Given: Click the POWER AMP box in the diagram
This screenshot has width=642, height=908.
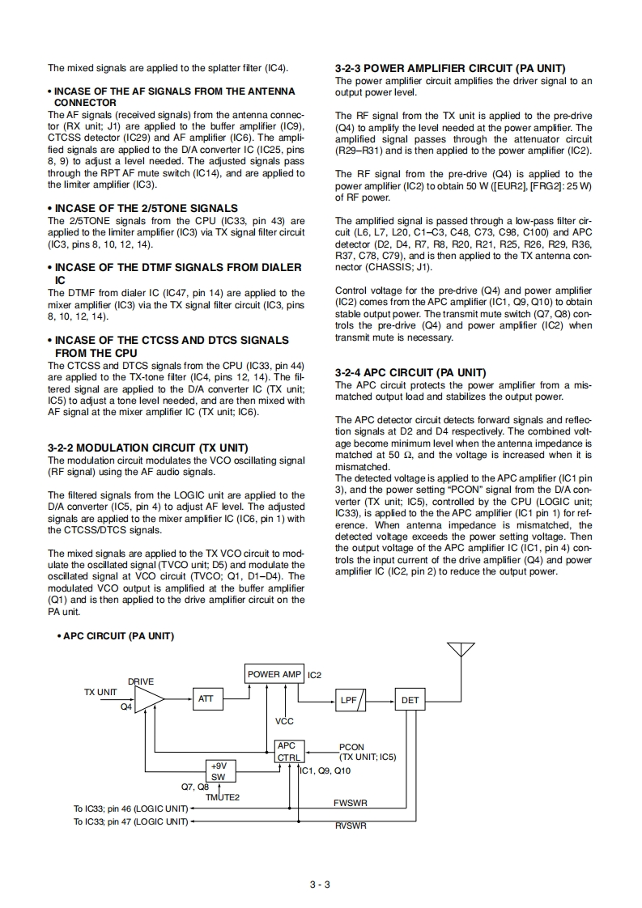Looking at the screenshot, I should pos(274,674).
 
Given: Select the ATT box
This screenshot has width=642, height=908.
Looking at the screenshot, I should pos(206,699).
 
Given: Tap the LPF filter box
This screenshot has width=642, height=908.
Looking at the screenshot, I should pos(352,700).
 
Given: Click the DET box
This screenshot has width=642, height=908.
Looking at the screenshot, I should pos(410,700).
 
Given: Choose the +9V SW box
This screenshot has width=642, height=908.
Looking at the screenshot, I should pos(218,770).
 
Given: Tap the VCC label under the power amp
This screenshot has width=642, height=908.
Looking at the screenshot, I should pos(284,721).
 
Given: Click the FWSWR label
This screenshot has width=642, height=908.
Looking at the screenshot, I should pos(351,804).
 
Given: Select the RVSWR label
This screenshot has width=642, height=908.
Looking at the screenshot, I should pos(351,826).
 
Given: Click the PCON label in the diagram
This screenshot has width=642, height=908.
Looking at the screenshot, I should pos(351,747).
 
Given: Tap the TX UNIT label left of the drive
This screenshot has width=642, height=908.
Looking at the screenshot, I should pos(100,692).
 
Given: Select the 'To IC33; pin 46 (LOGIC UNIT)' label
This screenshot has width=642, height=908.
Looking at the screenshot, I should pos(130,808).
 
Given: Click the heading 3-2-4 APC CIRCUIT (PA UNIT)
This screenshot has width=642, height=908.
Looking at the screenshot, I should pos(410,372).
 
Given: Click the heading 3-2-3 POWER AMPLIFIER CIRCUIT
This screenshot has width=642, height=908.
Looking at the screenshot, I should pos(449,69).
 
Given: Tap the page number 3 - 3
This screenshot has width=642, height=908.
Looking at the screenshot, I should pos(320,885).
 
